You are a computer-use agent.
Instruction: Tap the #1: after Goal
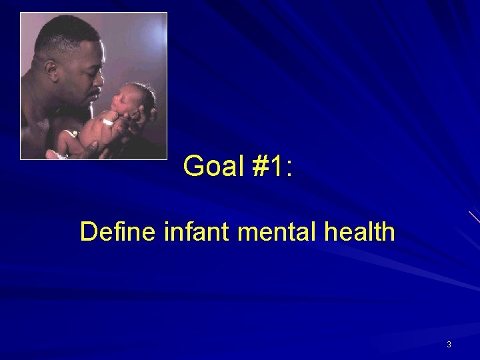coord(272,166)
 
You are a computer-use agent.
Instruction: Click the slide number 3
coord(449,345)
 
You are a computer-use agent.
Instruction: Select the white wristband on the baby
coord(107,123)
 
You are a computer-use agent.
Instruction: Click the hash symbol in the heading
coord(259,166)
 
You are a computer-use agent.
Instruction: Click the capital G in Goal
coord(193,166)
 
